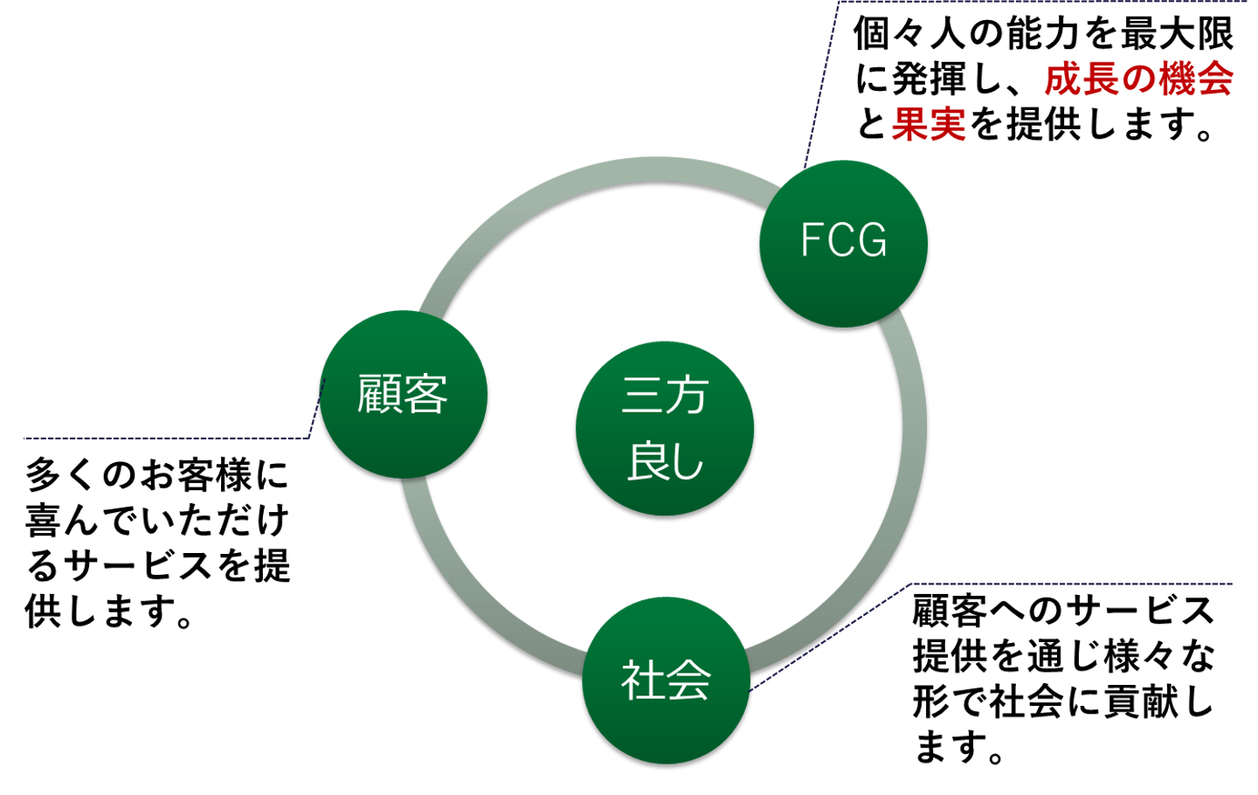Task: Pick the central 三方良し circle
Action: pyautogui.click(x=665, y=428)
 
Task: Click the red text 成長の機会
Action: pyautogui.click(x=1138, y=79)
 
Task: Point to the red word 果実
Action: pyautogui.click(x=929, y=124)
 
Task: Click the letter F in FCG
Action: pyautogui.click(x=812, y=240)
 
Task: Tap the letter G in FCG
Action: pyautogui.click(x=872, y=240)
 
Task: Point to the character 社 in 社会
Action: pyautogui.click(x=642, y=680)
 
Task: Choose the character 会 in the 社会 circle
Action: pyautogui.click(x=689, y=680)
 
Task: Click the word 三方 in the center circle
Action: pyautogui.click(x=665, y=396)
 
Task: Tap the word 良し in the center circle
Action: pyautogui.click(x=665, y=460)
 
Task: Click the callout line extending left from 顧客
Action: pyautogui.click(x=166, y=438)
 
